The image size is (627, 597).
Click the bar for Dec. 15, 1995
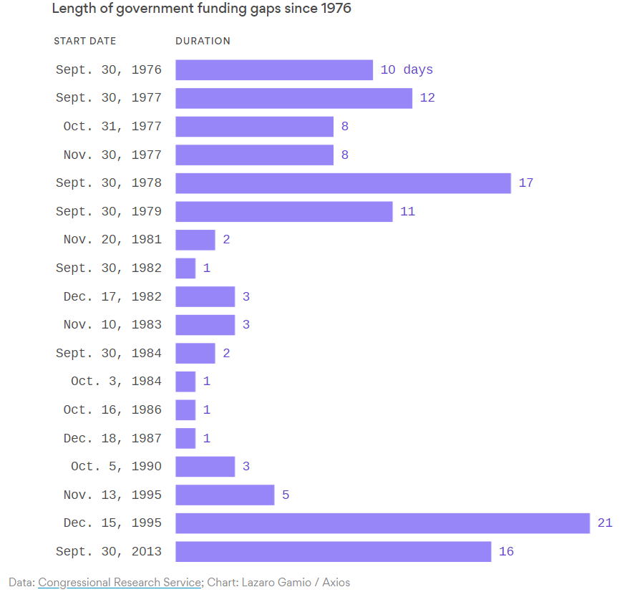tap(383, 523)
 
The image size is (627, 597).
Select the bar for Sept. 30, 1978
tap(343, 183)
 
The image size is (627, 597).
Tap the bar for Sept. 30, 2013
tap(333, 551)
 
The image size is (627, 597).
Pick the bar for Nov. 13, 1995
tap(225, 495)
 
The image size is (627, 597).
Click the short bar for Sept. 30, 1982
tap(185, 268)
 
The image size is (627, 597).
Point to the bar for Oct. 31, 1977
tap(254, 127)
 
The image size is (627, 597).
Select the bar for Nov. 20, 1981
tap(195, 240)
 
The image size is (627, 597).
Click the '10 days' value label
tap(407, 69)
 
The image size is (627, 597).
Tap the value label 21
tap(605, 523)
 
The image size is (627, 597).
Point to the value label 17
tap(526, 183)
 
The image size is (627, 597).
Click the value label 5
tap(286, 495)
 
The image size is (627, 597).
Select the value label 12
tap(427, 97)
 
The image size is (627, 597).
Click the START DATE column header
tap(84, 41)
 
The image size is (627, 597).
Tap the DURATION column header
tap(203, 41)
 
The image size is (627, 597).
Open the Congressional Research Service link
tap(120, 582)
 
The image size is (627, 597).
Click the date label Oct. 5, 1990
tap(116, 466)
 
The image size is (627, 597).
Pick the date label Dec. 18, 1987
tap(112, 438)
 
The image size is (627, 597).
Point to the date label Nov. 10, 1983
tap(112, 324)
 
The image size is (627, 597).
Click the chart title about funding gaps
tap(202, 9)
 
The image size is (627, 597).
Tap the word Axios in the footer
tap(336, 582)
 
